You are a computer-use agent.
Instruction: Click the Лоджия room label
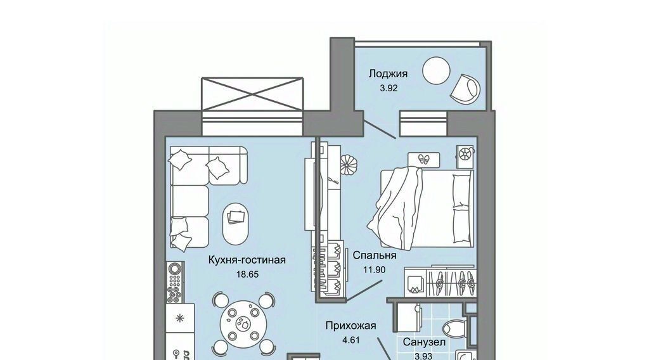tap(388, 74)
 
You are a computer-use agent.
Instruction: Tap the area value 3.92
tap(389, 87)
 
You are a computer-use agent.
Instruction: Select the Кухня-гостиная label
tap(247, 260)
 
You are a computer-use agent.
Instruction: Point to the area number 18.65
tap(247, 274)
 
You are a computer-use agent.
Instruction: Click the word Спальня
tap(374, 255)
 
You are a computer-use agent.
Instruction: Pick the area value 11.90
tap(374, 270)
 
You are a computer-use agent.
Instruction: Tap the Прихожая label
tap(350, 326)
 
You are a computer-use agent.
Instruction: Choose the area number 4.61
tap(350, 340)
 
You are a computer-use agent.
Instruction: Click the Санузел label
tap(424, 342)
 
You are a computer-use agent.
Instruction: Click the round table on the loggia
tap(436, 70)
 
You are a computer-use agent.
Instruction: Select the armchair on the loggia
tap(466, 89)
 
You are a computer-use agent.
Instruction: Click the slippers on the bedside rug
tap(423, 159)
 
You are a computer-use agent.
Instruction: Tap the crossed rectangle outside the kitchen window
tap(252, 94)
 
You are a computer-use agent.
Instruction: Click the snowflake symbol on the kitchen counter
tap(180, 318)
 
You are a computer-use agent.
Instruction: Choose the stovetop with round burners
tap(175, 282)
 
